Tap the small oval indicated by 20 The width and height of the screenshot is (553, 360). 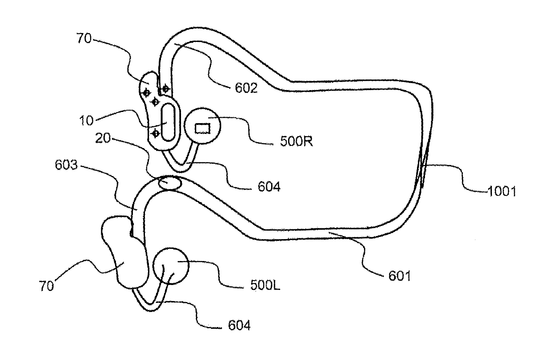click(169, 182)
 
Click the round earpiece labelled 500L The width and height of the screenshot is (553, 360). click(171, 266)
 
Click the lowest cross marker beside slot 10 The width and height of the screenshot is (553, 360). click(156, 133)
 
